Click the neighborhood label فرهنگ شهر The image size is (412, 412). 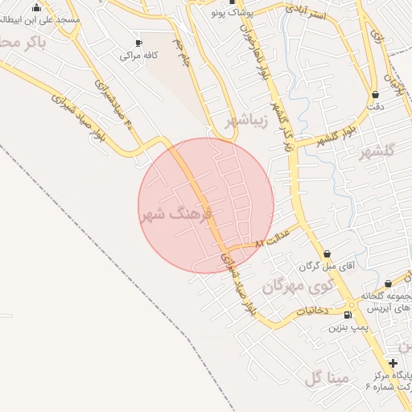[x=175, y=215]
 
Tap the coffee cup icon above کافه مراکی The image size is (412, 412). [x=139, y=43]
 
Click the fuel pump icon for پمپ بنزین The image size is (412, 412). [x=348, y=315]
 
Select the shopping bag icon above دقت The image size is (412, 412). [x=375, y=94]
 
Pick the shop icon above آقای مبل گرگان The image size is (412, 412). [x=327, y=253]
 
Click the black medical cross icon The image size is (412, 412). [x=393, y=363]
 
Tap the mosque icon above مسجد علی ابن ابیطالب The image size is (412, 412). [x=36, y=7]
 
